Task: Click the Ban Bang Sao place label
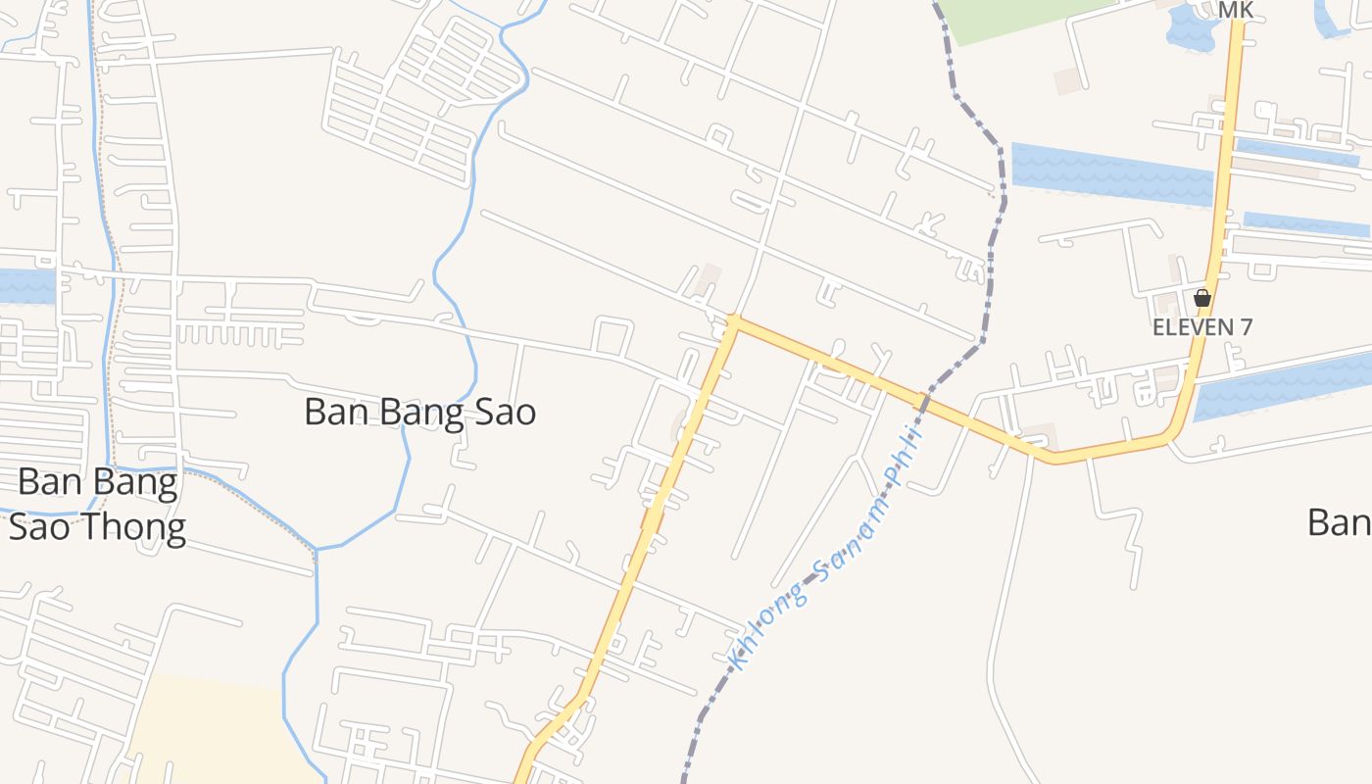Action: point(419,412)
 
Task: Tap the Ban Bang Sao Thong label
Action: point(98,505)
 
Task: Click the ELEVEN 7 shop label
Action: point(1202,327)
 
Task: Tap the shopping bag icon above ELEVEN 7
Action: point(1202,298)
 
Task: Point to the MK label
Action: point(1236,10)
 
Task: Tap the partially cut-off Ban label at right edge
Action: point(1341,522)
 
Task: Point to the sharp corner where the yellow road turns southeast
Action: point(732,320)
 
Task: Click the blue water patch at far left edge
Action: point(24,285)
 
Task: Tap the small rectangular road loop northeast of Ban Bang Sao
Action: point(612,336)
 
